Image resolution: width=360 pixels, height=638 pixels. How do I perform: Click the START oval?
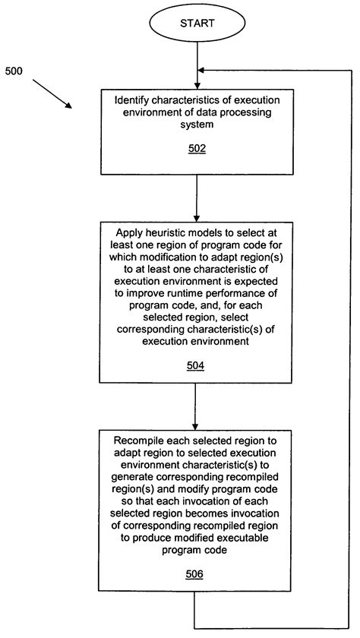pos(197,24)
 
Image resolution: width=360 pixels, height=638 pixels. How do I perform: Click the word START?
pos(197,24)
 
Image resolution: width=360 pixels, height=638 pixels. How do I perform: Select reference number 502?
pos(197,150)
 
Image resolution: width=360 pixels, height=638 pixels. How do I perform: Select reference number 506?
pos(197,574)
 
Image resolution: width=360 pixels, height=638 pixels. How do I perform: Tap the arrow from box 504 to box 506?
pos(197,406)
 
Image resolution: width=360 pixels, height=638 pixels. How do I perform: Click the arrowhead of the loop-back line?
pos(204,71)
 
